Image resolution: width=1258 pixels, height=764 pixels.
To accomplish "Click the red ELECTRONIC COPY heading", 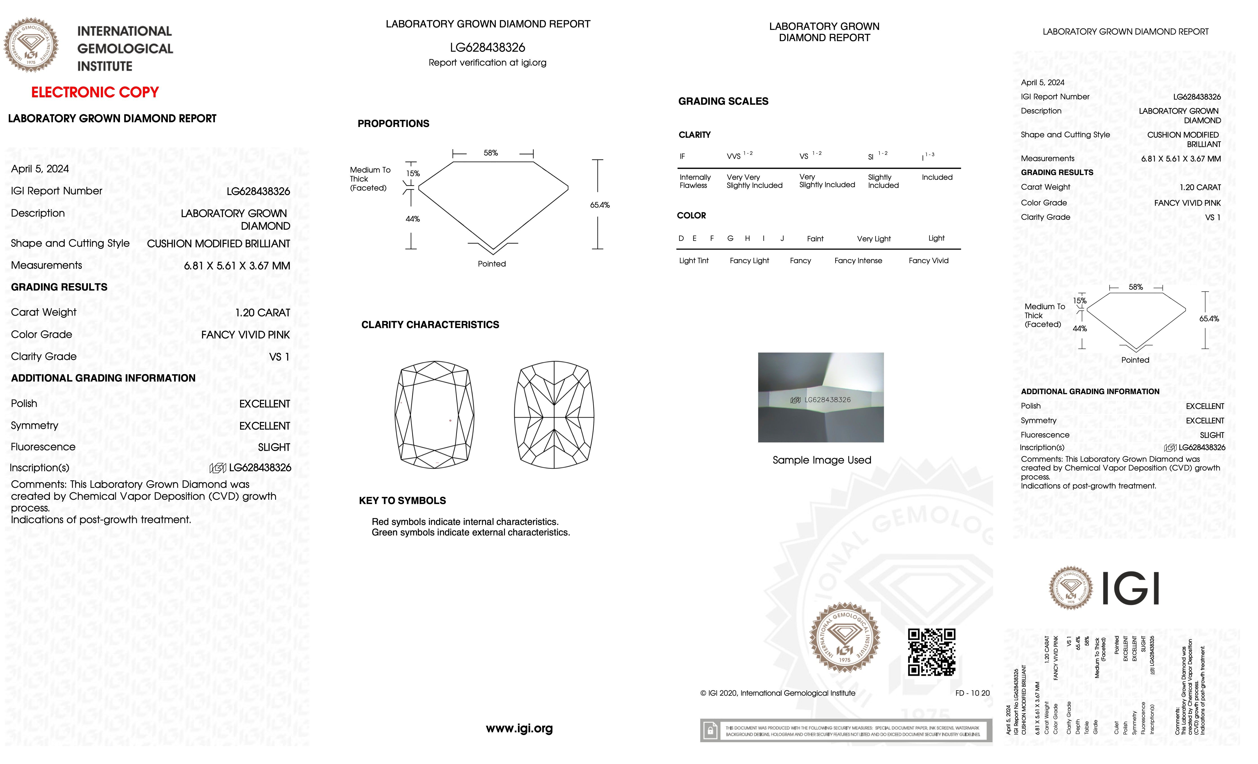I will (95, 92).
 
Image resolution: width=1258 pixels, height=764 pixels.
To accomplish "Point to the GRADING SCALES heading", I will (723, 101).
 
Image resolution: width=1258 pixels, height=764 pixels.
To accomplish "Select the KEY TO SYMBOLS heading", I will (402, 500).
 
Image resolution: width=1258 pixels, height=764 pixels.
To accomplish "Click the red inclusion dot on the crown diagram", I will (450, 420).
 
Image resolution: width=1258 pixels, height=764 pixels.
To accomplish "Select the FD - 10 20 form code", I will (972, 693).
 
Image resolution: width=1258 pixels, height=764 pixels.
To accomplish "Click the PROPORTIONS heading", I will (393, 124).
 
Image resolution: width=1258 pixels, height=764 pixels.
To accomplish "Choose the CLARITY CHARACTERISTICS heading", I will (430, 325).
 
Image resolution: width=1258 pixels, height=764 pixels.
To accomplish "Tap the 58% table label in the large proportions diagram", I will (491, 153).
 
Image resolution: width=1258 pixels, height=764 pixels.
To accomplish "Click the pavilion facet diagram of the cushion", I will (554, 415).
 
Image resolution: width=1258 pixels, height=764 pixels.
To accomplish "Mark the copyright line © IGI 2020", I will (777, 693).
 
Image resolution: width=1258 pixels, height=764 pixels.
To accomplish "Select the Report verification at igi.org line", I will (487, 63).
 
